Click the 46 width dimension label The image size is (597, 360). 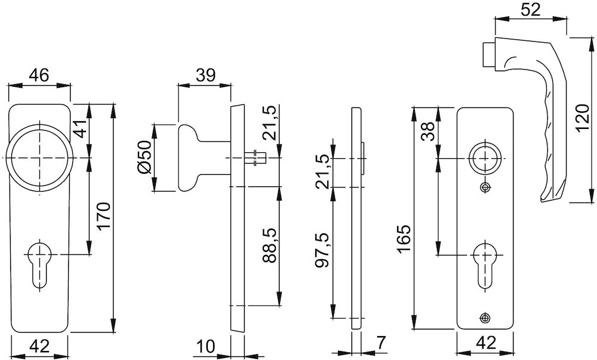(x=39, y=75)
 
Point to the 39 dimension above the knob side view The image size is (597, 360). (x=205, y=75)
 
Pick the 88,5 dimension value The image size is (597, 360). (x=270, y=247)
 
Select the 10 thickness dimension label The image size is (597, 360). (x=206, y=346)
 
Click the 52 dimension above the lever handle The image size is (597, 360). (x=530, y=10)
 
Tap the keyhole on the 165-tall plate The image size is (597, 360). (x=485, y=266)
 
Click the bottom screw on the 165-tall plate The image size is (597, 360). (x=485, y=318)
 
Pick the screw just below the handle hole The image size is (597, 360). (x=485, y=187)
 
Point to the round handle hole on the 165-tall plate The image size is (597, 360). (x=485, y=158)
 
